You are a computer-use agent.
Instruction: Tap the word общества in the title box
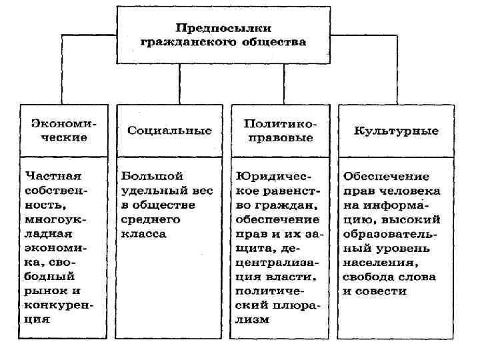click(274, 43)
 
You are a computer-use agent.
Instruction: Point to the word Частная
click(52, 176)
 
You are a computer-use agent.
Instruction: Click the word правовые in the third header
click(279, 138)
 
